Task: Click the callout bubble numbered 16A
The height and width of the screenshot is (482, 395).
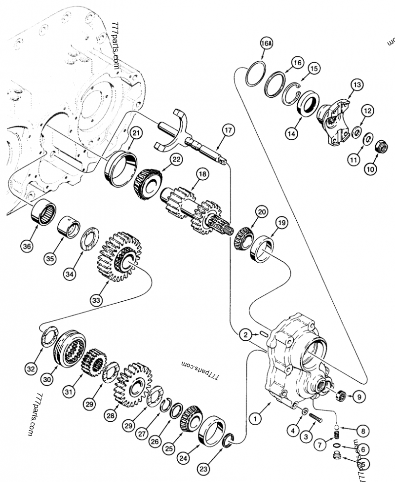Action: coord(266,44)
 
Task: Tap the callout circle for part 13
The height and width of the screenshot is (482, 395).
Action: coord(356,85)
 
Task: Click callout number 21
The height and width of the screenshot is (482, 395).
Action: coord(136,133)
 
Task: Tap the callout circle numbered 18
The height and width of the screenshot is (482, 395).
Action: coord(202,174)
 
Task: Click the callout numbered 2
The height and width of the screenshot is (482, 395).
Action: coord(244,335)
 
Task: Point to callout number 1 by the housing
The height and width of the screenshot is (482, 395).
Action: coord(255,419)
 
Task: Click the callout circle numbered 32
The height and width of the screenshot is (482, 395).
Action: coord(31,368)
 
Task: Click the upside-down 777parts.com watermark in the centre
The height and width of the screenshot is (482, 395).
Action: coord(200,368)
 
